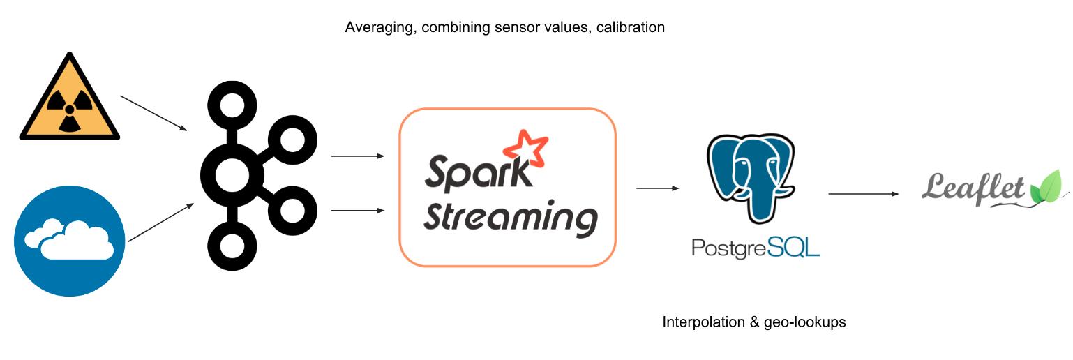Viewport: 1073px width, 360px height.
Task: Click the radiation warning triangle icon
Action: coord(69,101)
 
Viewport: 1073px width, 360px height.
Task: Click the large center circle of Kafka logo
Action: coord(231,175)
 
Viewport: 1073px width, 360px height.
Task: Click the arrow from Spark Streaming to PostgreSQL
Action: coord(658,188)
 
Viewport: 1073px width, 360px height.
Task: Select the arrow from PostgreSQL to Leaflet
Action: coord(864,193)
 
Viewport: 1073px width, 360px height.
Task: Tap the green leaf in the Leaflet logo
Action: coord(1049,186)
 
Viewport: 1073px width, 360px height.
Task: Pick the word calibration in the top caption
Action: coord(630,28)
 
